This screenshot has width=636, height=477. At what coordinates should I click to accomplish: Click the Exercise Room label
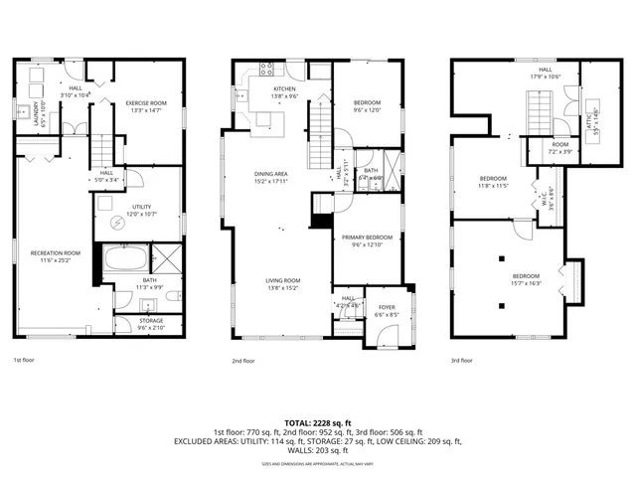click(x=143, y=102)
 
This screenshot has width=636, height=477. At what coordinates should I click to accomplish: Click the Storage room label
click(x=151, y=321)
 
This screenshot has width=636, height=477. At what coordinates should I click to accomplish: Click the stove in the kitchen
click(x=266, y=70)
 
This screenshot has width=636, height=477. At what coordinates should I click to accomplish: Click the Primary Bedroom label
click(x=368, y=238)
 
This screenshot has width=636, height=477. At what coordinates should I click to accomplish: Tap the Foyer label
click(x=387, y=308)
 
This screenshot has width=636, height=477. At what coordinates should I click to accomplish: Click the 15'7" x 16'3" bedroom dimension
click(x=526, y=282)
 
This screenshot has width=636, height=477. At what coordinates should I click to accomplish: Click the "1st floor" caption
click(x=25, y=360)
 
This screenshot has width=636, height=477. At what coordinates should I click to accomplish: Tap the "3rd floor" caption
click(x=463, y=360)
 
